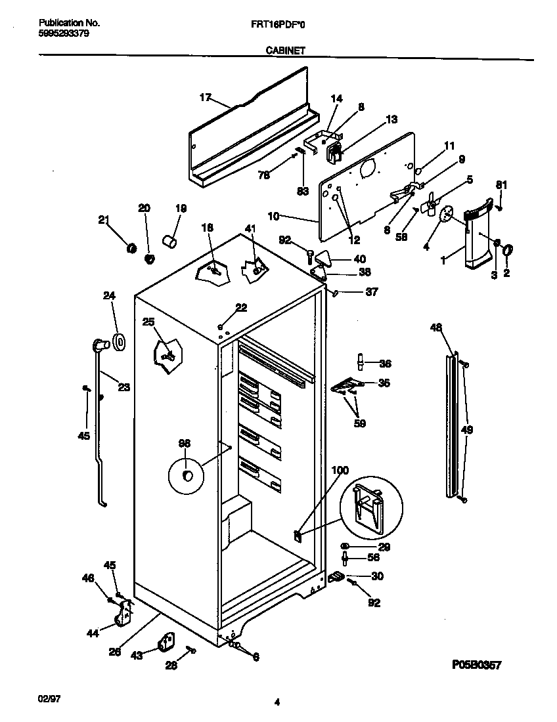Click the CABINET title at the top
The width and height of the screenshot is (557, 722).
(284, 49)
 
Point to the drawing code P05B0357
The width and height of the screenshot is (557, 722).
(476, 665)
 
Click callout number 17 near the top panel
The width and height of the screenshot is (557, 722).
(205, 98)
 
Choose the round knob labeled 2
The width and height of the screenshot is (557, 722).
(508, 249)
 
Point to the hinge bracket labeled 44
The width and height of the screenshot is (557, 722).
(123, 614)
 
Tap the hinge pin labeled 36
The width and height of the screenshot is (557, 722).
(361, 362)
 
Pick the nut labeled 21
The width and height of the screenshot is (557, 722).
(131, 248)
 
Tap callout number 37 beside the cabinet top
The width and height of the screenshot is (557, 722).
(371, 292)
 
